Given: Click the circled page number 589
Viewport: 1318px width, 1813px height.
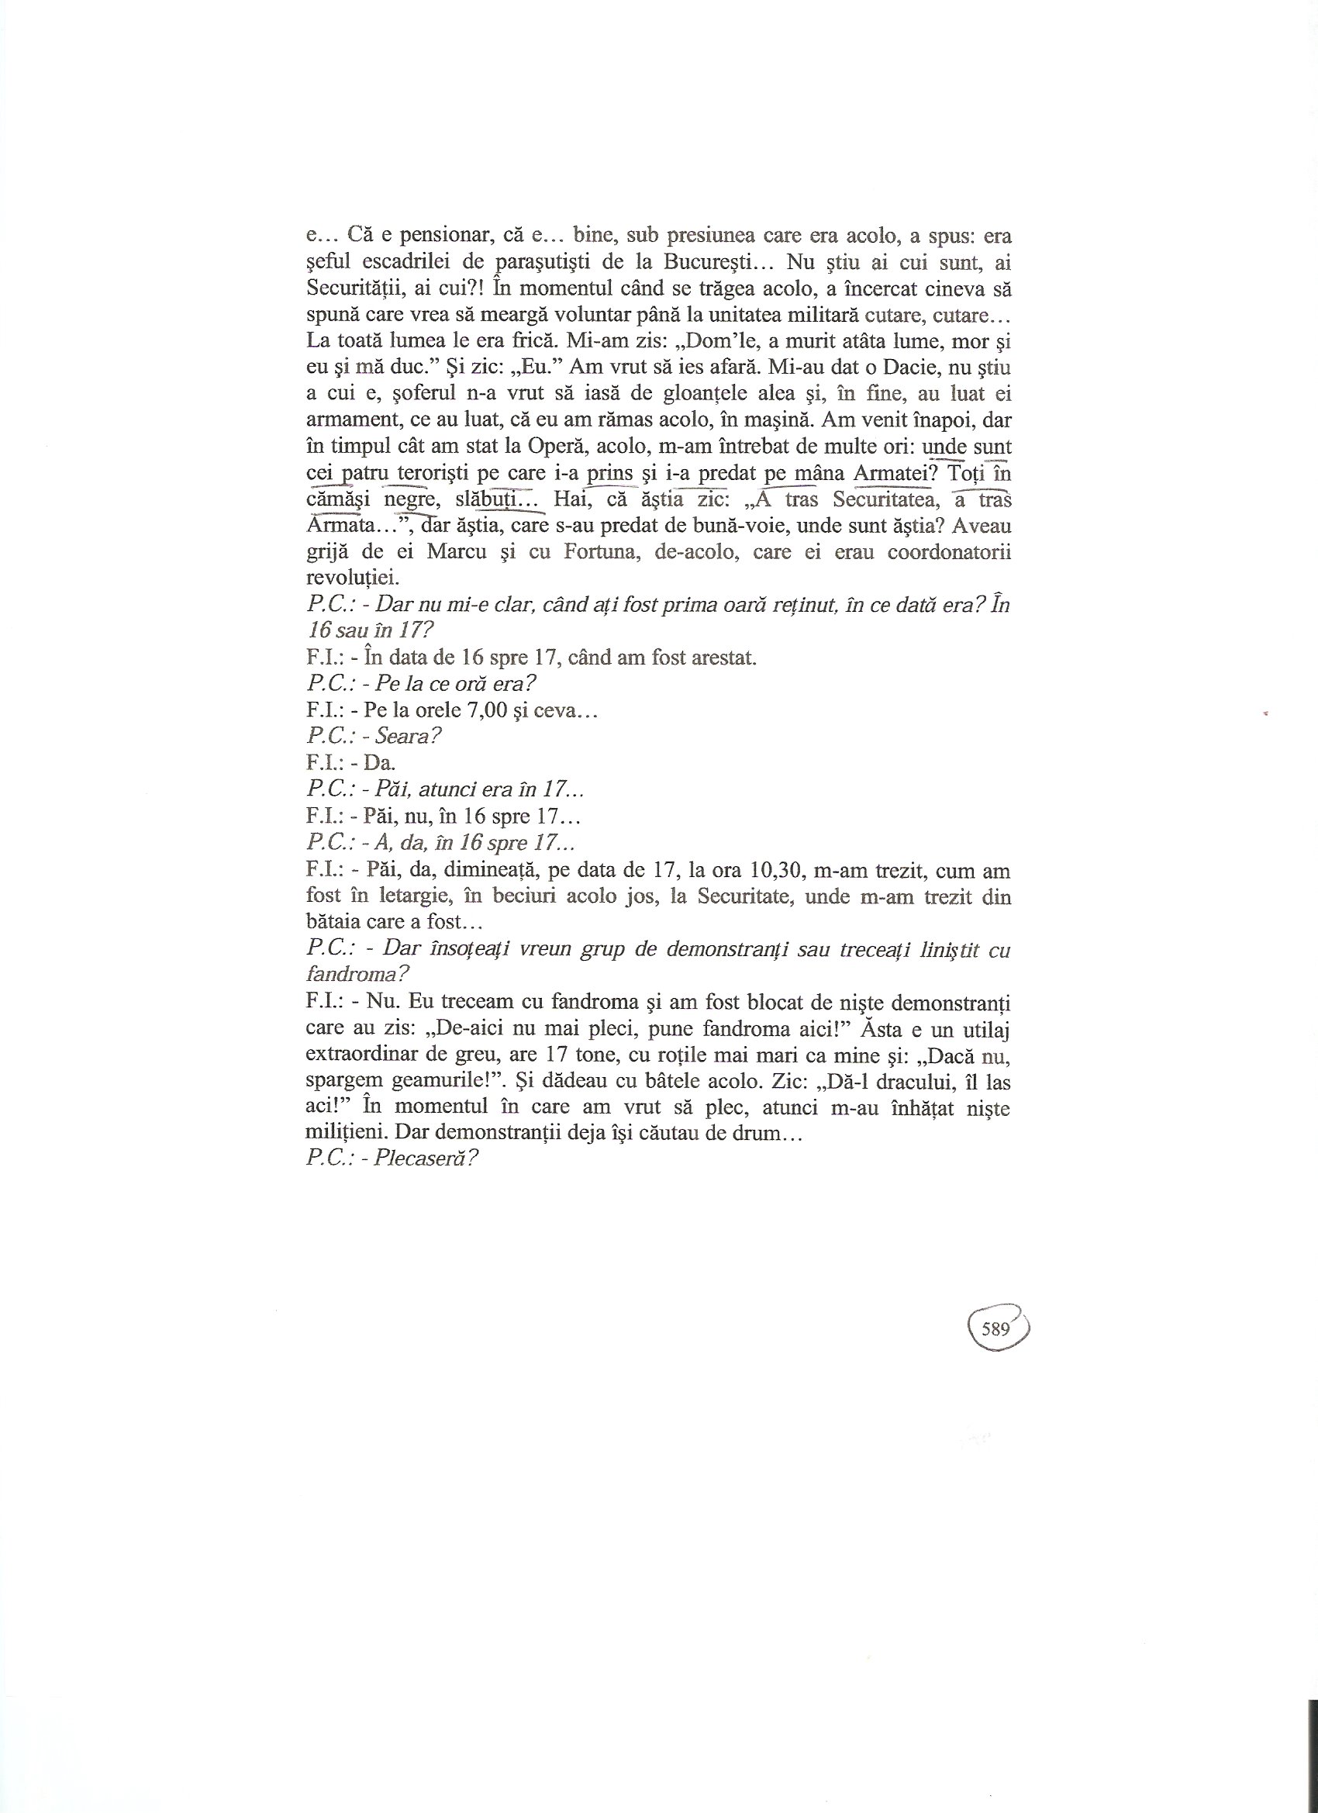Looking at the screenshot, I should (x=996, y=1329).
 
